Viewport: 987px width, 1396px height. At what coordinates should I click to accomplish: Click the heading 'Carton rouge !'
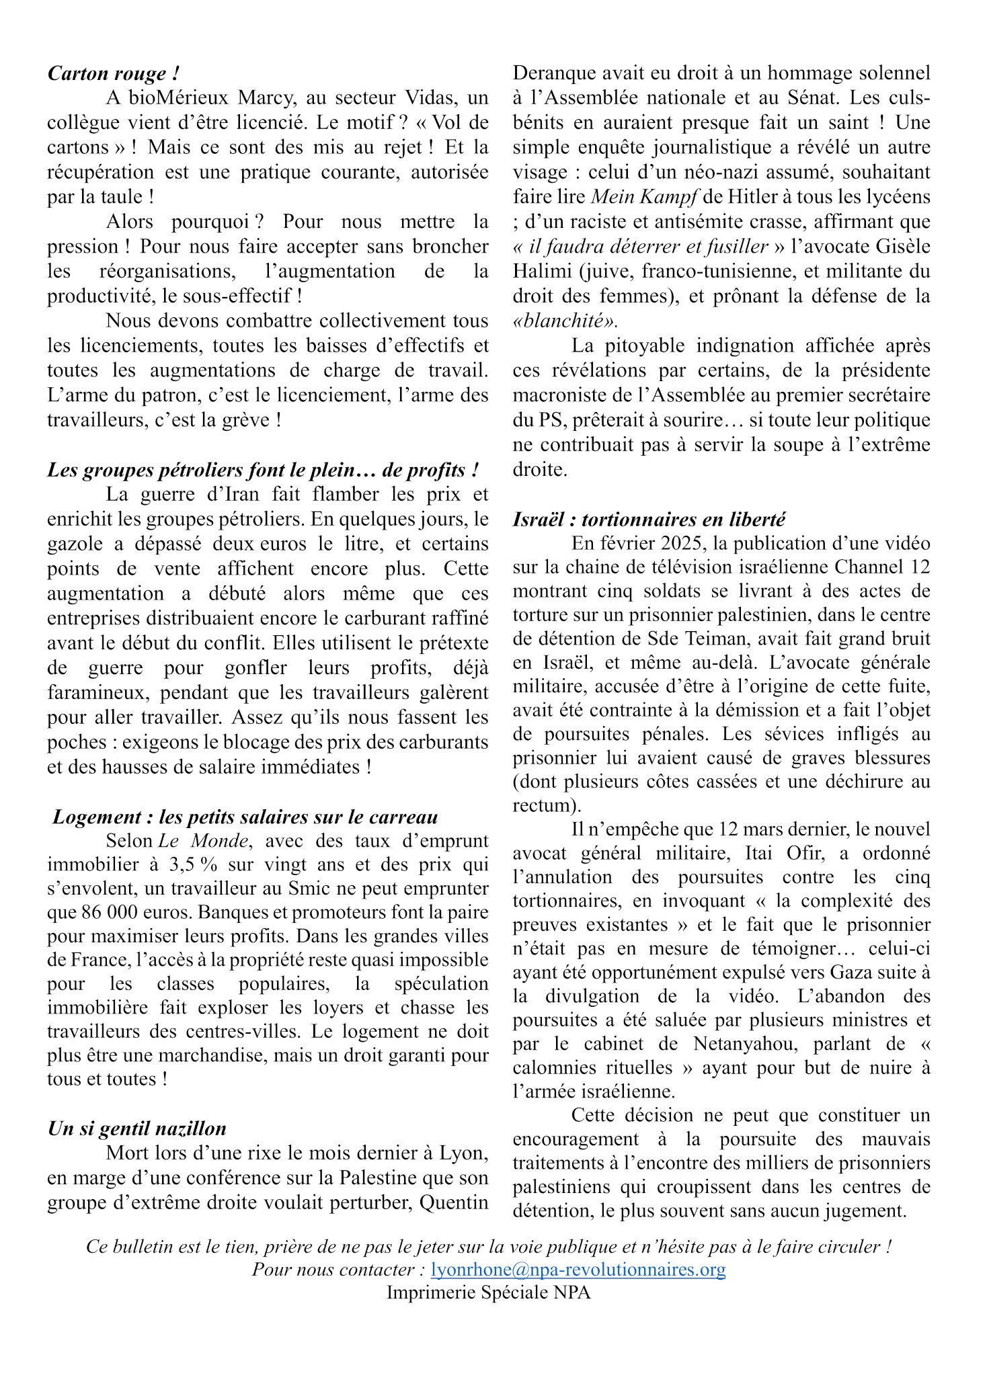click(113, 73)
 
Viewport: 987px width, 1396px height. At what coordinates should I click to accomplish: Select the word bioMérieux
click(178, 98)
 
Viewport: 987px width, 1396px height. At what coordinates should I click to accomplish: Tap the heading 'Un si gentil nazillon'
click(136, 1128)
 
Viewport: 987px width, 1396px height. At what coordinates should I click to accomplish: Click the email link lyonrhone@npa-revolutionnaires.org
click(578, 1270)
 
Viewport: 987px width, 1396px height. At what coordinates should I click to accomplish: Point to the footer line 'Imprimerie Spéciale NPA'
click(488, 1292)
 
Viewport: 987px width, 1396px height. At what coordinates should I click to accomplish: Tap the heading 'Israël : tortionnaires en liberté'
click(649, 520)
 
